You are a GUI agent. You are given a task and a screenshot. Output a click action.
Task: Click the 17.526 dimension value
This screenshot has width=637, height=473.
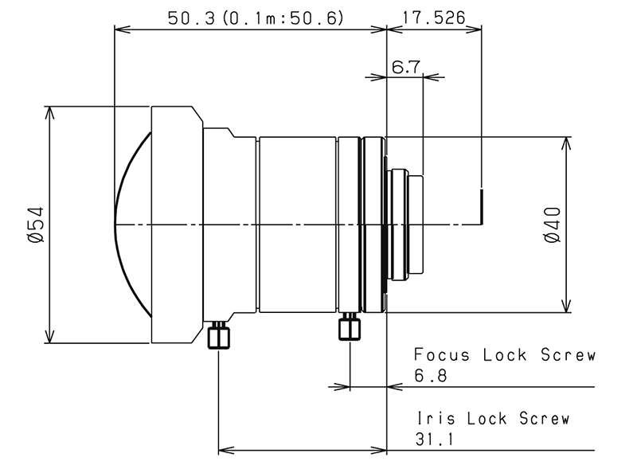click(x=433, y=18)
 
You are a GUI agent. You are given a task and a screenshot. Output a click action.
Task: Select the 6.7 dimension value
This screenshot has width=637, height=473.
click(x=405, y=67)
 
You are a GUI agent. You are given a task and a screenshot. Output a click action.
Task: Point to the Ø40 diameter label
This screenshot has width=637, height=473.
click(x=552, y=225)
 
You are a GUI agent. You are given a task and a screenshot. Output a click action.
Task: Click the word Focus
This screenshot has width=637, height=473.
click(x=442, y=355)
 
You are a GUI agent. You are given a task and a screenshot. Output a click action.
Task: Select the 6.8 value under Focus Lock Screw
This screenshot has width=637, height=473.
click(x=431, y=376)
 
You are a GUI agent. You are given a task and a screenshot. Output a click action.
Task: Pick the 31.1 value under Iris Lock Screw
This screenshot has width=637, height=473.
click(x=434, y=440)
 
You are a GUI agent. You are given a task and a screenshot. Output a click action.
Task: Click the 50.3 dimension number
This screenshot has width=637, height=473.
click(x=191, y=18)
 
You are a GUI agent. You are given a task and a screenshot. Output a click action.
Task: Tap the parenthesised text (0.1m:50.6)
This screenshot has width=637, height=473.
click(x=283, y=18)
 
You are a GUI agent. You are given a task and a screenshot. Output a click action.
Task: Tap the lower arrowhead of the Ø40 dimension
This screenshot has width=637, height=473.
click(x=566, y=306)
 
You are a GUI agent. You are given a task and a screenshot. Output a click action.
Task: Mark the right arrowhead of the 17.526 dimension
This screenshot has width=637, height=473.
click(x=474, y=29)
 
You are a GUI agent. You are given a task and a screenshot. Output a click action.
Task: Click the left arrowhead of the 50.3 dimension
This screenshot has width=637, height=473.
click(x=123, y=29)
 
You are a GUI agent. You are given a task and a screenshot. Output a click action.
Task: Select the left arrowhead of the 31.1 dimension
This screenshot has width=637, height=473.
click(x=226, y=450)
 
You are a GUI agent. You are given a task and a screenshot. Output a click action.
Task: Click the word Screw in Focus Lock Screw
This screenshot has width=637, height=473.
click(x=568, y=355)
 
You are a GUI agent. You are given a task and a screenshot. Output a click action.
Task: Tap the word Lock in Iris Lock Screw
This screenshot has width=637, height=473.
click(x=487, y=418)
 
